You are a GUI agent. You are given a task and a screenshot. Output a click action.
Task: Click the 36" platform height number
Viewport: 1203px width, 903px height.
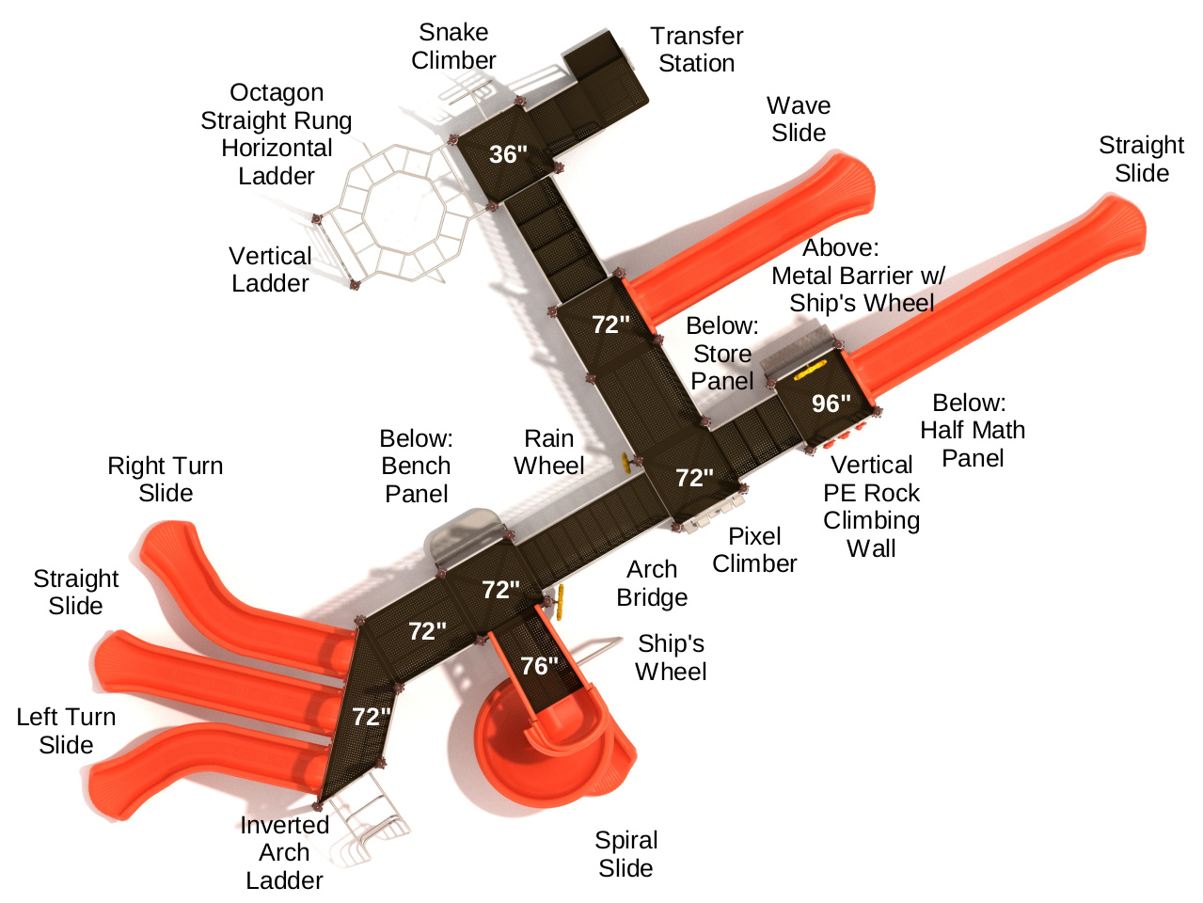508,154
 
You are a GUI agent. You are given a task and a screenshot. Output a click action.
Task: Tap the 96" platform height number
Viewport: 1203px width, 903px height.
831,404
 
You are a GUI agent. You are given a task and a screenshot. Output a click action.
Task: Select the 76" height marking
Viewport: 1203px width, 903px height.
539,666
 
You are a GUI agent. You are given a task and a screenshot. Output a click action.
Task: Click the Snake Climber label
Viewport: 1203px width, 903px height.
453,46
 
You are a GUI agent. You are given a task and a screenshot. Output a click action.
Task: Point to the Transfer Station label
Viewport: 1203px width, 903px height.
696,50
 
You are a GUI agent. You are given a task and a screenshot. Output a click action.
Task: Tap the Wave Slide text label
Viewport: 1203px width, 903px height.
799,119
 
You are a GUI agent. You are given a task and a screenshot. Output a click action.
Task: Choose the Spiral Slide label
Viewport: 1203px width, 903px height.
626,854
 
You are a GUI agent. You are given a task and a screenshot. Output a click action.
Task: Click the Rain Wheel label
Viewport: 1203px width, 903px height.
549,452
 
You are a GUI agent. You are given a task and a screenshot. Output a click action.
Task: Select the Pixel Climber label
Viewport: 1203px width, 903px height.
754,550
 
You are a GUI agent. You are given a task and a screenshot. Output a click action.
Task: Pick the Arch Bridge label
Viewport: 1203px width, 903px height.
652,583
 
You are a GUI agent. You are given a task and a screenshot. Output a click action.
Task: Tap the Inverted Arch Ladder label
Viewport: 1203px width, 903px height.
284,852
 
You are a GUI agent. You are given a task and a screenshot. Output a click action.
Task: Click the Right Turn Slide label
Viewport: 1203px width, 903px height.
166,480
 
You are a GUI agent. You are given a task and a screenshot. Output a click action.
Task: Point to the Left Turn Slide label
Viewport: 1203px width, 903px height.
66,731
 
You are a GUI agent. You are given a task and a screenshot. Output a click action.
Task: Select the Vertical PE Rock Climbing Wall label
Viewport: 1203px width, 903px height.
871,506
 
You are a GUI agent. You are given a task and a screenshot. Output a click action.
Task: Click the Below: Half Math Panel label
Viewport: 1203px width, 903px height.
973,430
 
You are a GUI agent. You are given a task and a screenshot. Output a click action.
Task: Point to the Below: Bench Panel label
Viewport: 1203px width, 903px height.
417,466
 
